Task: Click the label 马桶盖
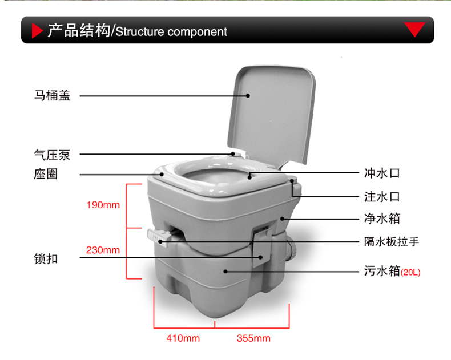tap(52, 96)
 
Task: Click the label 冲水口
tap(382, 173)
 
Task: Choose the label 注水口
tap(382, 197)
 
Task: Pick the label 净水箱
tap(382, 218)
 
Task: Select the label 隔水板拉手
tap(392, 242)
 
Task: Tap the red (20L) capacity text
tap(410, 272)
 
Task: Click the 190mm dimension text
tap(103, 205)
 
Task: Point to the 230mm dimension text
tap(103, 250)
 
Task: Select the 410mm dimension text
tap(183, 338)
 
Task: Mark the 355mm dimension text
tap(253, 338)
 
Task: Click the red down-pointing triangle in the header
tap(414, 30)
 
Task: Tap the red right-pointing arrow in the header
tap(37, 31)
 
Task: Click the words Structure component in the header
tap(171, 32)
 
